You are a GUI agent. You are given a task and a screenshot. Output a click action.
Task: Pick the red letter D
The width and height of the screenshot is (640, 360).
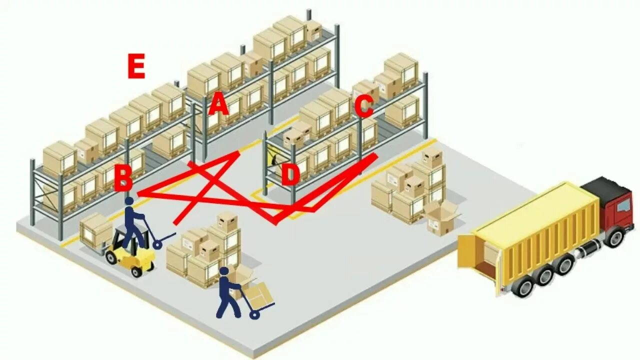[x=289, y=174]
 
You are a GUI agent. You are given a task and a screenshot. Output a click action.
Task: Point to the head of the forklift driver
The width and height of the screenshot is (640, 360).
[x=129, y=201]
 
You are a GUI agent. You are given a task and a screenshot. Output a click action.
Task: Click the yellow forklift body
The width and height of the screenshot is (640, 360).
[x=132, y=255]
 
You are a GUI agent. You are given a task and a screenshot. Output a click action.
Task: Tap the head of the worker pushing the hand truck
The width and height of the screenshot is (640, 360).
[x=224, y=271]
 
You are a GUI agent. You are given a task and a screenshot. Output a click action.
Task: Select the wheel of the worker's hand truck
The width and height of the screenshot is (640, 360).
[x=254, y=314]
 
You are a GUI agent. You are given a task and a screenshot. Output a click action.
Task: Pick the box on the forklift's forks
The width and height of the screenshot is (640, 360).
[x=95, y=230]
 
